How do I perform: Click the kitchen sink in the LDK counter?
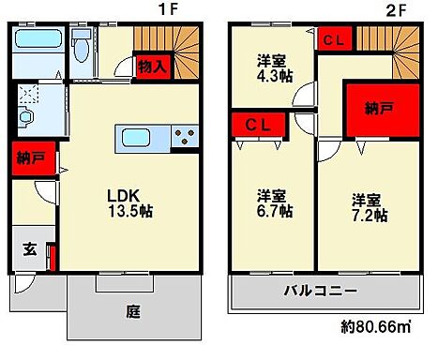[x=142, y=138]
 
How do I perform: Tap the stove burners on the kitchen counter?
[x=186, y=138]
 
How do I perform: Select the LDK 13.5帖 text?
[x=129, y=203]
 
